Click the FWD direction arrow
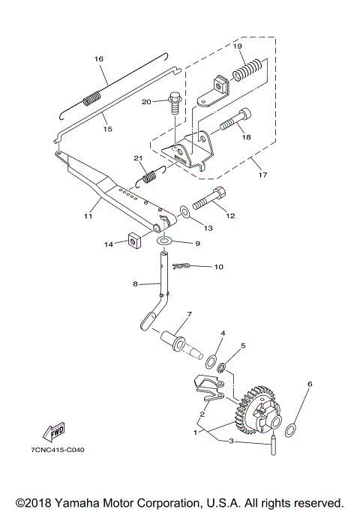(53, 432)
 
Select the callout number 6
(310, 384)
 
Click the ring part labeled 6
(291, 430)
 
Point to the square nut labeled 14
(133, 241)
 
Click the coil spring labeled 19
(248, 70)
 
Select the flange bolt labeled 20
(174, 103)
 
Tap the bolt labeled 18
(235, 119)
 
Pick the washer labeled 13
(185, 212)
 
